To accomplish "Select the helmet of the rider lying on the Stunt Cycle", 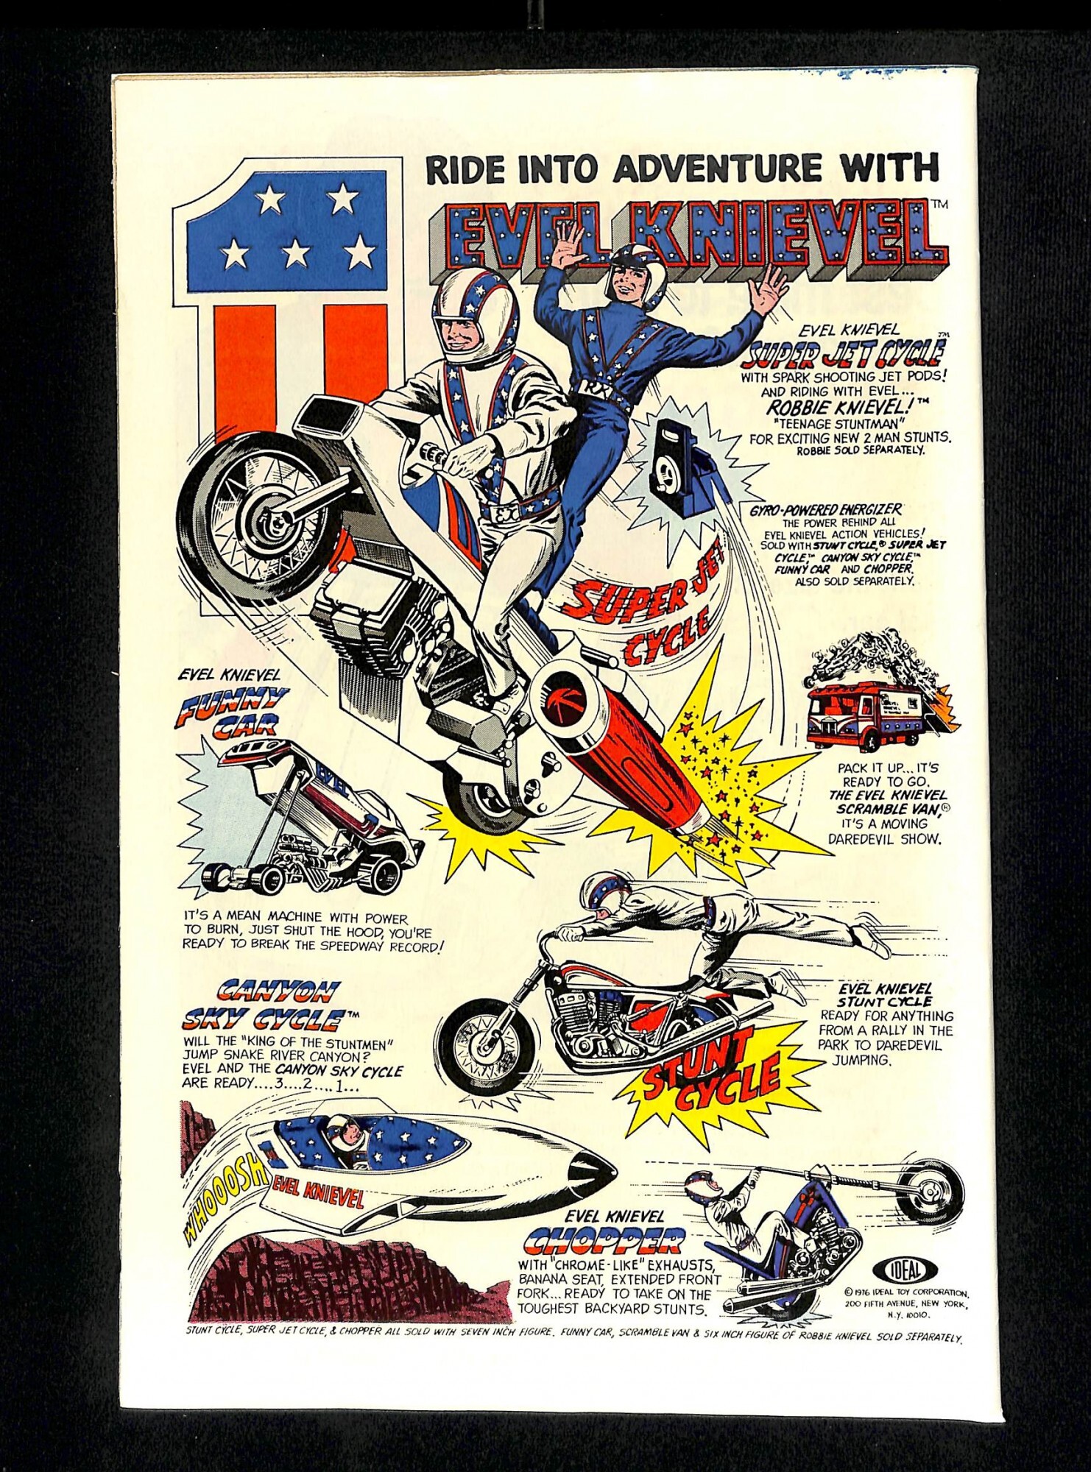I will tap(602, 894).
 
